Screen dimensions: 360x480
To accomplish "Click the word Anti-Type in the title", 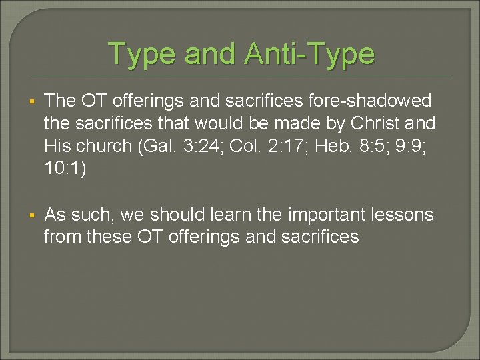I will (x=309, y=53).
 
